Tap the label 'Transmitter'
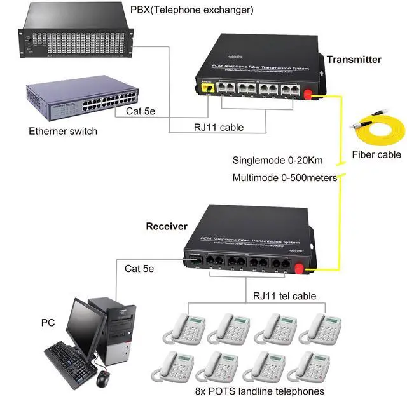click(354, 60)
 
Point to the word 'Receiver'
click(167, 226)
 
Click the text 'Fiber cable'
click(376, 154)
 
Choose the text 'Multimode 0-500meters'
click(284, 177)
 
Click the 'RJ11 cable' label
click(219, 127)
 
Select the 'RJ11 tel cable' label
click(284, 295)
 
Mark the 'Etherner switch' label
click(63, 132)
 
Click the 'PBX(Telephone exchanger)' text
click(191, 10)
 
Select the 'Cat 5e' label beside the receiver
click(139, 269)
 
